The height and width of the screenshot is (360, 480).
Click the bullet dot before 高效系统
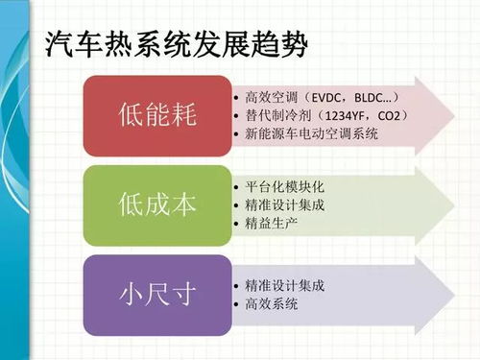coord(236,304)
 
